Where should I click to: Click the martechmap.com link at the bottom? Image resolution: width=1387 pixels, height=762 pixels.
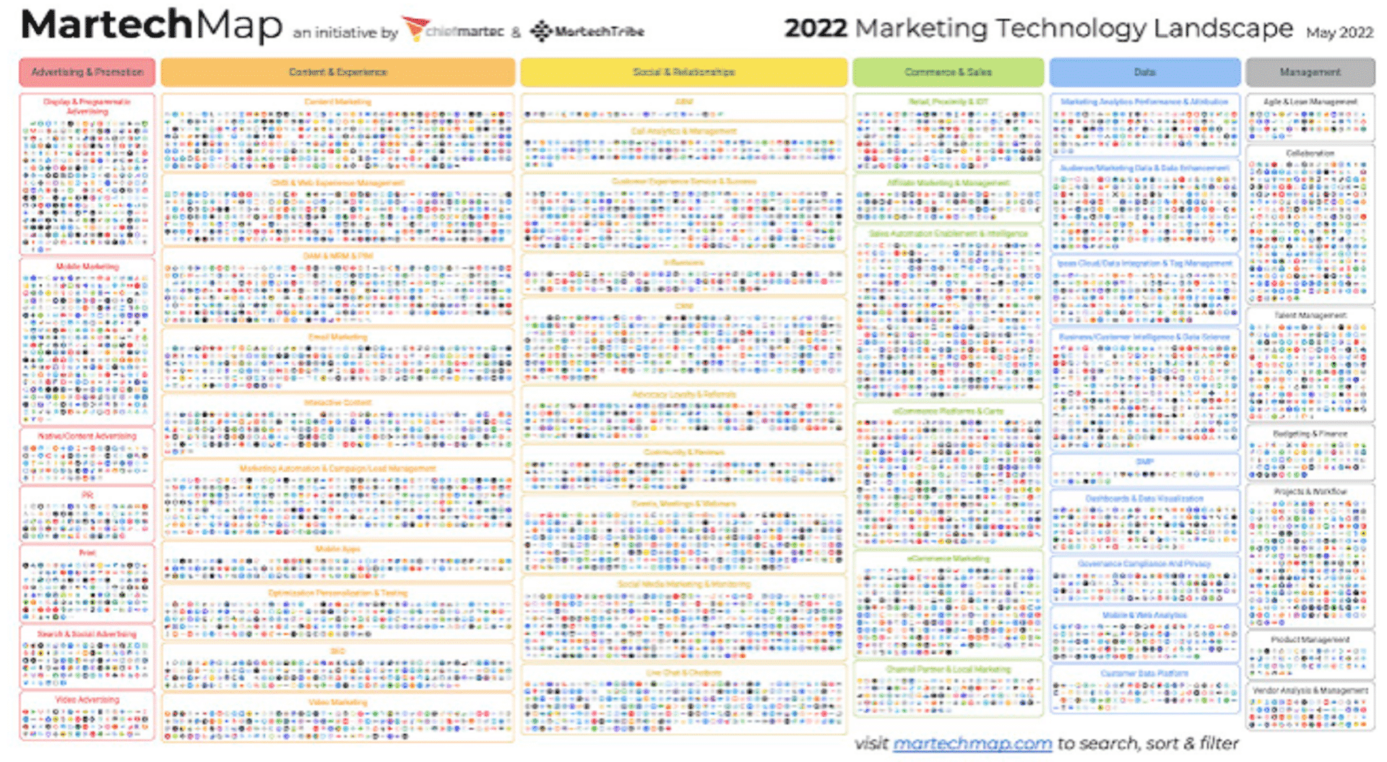coord(972,744)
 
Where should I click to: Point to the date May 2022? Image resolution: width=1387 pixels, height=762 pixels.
coord(1339,33)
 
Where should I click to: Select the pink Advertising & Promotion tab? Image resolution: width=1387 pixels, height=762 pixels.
coord(87,72)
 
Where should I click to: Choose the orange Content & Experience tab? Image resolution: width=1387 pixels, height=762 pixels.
coord(337,72)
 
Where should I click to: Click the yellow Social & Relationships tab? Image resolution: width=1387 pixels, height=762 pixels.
coord(683,72)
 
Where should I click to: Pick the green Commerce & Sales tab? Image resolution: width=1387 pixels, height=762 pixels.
coord(948,72)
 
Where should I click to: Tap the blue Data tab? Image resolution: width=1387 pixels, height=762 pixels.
coord(1144,72)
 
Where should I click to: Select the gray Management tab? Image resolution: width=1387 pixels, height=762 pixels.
coord(1310,72)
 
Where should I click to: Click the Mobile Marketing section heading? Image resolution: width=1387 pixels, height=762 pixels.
coord(87,267)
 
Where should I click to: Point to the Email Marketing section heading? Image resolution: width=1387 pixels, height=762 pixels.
coord(337,337)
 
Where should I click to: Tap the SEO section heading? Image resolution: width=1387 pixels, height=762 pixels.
coord(337,651)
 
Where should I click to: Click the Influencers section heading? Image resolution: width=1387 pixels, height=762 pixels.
coord(683,262)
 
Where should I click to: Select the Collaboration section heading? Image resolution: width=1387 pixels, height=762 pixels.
coord(1310,153)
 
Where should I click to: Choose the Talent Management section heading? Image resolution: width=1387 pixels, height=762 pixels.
coord(1310,316)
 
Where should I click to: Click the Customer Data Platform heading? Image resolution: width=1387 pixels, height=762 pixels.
coord(1144,674)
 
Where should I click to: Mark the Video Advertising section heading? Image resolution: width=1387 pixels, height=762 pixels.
coord(87,700)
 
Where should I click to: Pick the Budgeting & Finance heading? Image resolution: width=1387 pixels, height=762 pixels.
coord(1310,434)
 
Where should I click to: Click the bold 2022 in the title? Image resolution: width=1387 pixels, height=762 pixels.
coord(816,29)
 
